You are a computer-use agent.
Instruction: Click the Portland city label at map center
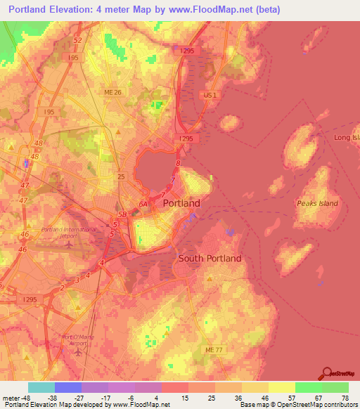181,203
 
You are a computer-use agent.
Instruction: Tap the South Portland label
210,258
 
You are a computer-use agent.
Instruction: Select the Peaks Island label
317,203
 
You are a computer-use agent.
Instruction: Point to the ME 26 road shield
112,92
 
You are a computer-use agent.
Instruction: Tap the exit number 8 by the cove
178,163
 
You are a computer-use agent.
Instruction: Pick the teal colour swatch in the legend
41,387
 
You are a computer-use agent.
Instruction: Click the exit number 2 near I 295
63,287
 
